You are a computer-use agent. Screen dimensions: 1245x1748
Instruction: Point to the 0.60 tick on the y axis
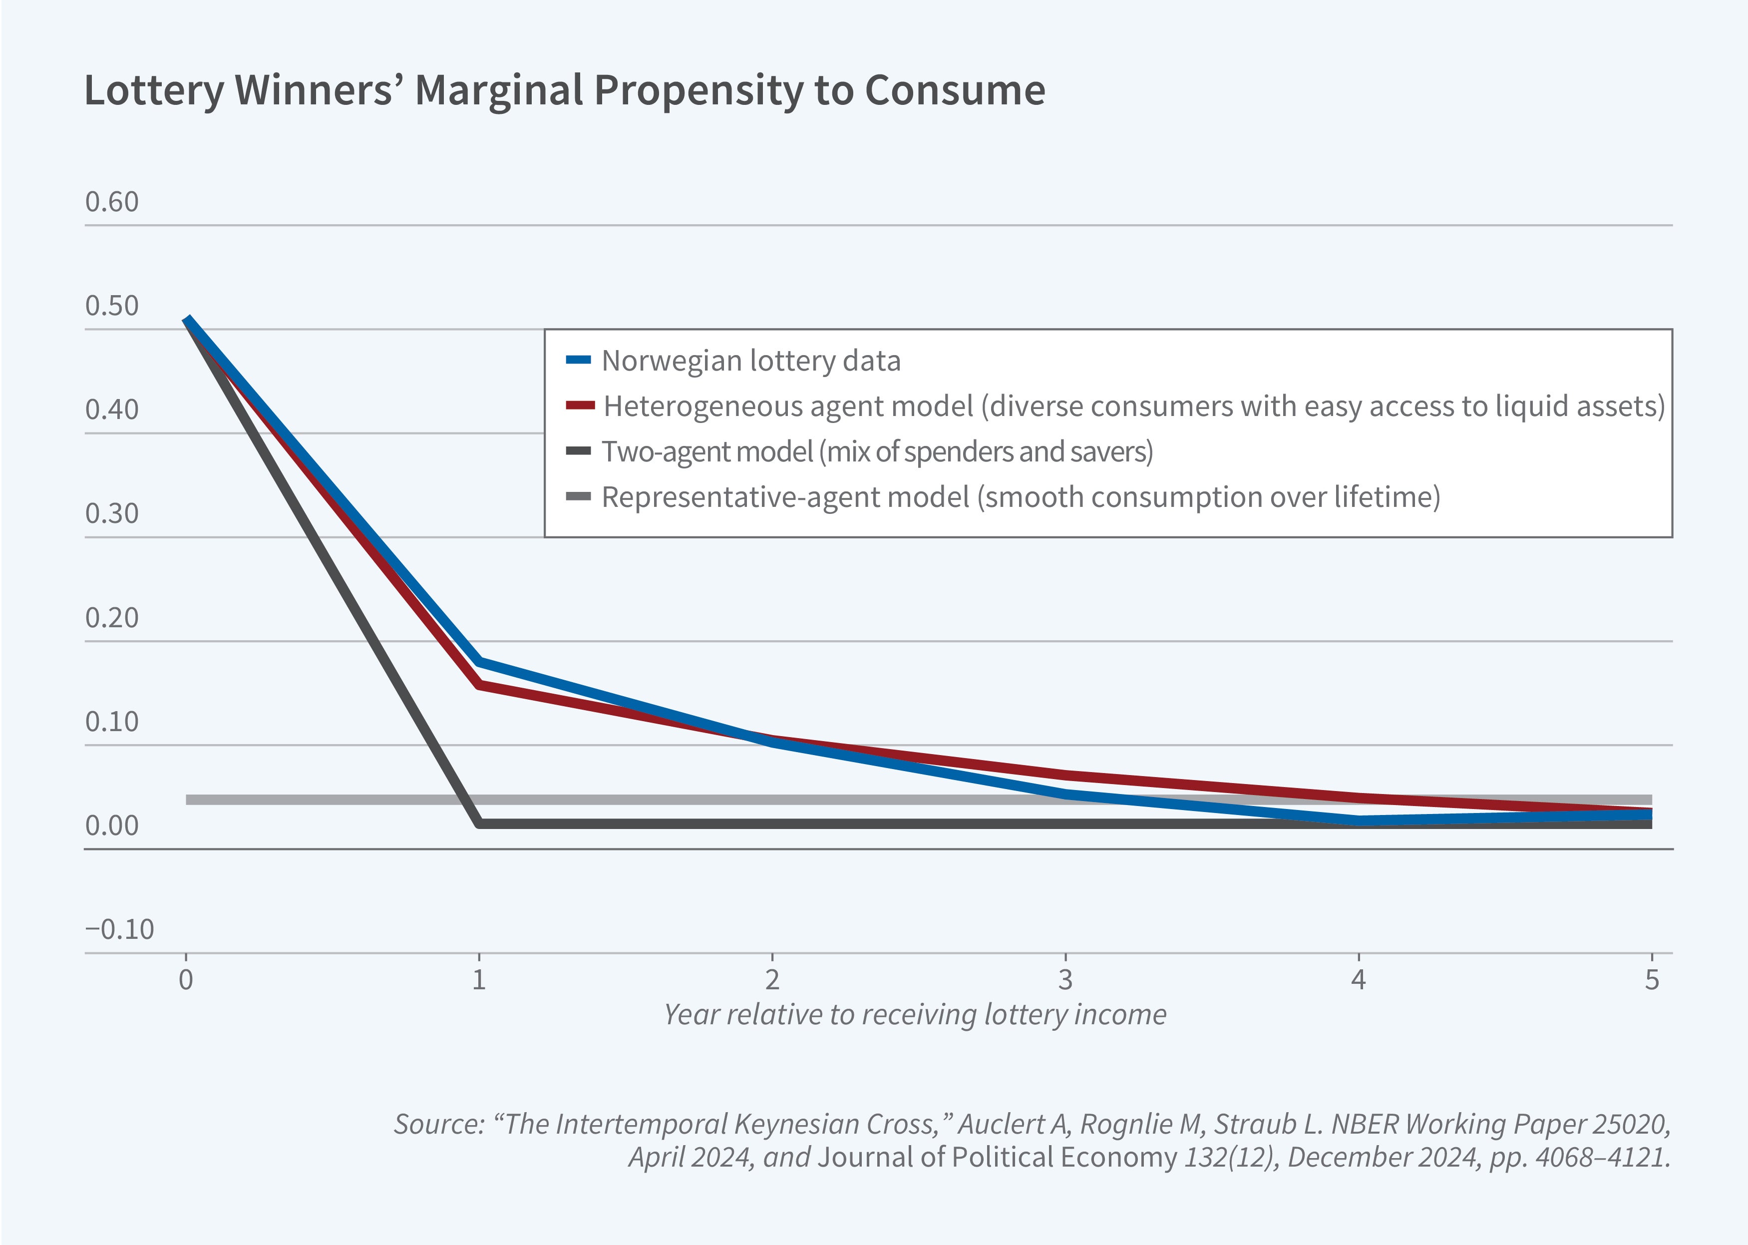[112, 202]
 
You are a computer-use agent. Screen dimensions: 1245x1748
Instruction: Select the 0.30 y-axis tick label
[112, 514]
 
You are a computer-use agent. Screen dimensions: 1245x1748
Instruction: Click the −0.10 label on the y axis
[119, 929]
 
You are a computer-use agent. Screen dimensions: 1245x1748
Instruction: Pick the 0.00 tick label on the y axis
[112, 826]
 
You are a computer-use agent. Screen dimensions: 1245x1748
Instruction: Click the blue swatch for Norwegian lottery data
[579, 360]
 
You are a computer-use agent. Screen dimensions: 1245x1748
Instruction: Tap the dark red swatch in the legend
[580, 406]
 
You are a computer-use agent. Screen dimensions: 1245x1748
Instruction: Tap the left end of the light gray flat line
[189, 800]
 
